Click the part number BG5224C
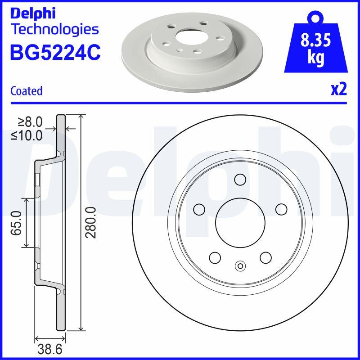click(x=55, y=52)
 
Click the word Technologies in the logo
click(x=54, y=30)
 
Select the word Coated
click(x=26, y=91)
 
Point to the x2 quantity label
click(x=338, y=90)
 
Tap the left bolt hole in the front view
click(x=198, y=209)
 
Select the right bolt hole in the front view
click(x=281, y=209)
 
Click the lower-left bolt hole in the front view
click(x=215, y=258)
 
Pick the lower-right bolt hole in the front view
click(x=265, y=258)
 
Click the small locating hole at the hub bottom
click(x=240, y=266)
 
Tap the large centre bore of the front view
click(x=240, y=222)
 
